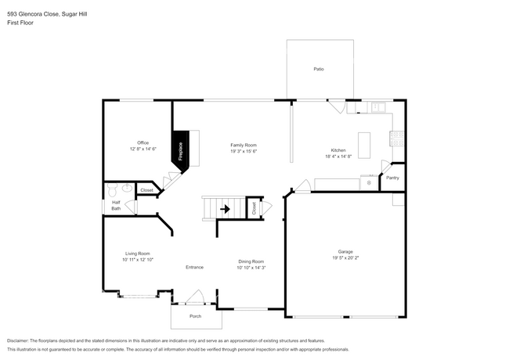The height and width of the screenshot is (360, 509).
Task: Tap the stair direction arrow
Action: click(226, 209)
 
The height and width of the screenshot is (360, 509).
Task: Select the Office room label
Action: click(143, 142)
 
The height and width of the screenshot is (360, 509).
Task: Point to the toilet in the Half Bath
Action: click(111, 189)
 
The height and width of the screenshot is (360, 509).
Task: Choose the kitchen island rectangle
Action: click(363, 144)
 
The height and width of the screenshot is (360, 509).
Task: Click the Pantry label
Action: click(392, 178)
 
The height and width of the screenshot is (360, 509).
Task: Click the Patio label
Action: click(319, 70)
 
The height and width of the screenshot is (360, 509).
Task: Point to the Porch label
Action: click(196, 316)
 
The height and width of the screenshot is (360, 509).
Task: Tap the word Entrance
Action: click(194, 267)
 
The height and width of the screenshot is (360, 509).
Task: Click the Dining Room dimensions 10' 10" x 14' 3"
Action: click(251, 268)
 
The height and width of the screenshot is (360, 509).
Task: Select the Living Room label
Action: click(137, 253)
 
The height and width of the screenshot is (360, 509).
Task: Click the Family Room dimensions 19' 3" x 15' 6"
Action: click(244, 150)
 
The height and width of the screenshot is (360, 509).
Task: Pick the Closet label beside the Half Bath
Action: click(146, 189)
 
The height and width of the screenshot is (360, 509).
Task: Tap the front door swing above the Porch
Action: click(194, 297)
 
